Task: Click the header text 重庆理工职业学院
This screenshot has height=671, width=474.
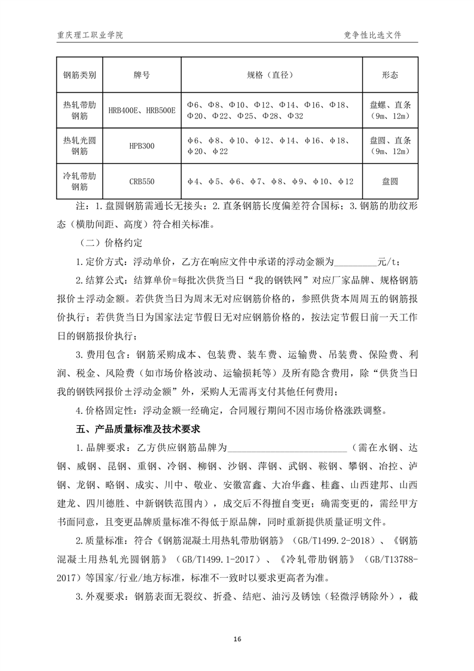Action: coord(87,35)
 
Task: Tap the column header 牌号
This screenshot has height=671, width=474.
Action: coord(142,75)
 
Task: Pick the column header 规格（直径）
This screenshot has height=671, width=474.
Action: coord(271,75)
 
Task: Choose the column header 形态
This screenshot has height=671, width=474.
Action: coord(390,75)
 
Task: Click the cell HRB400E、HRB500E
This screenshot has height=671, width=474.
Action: coord(142,110)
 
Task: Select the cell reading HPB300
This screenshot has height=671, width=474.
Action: coord(142,145)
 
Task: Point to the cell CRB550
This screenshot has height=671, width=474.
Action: coord(142,181)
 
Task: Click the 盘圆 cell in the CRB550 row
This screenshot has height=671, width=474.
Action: coord(390,181)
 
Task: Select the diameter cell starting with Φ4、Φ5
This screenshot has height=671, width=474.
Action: coord(271,181)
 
